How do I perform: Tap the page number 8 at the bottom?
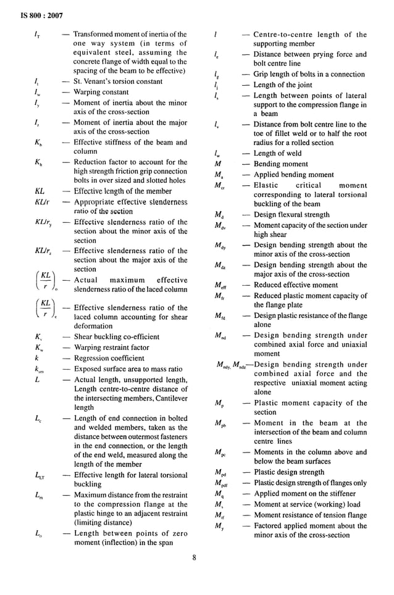tap(193, 559)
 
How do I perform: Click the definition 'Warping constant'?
tap(101, 92)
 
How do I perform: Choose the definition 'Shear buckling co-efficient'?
tap(116, 337)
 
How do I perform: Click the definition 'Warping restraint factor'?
tap(111, 347)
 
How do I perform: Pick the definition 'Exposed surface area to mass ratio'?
tap(128, 368)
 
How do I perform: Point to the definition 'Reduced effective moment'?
tap(296, 285)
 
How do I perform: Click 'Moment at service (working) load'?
tap(306, 504)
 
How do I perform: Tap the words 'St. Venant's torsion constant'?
tap(118, 81)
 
